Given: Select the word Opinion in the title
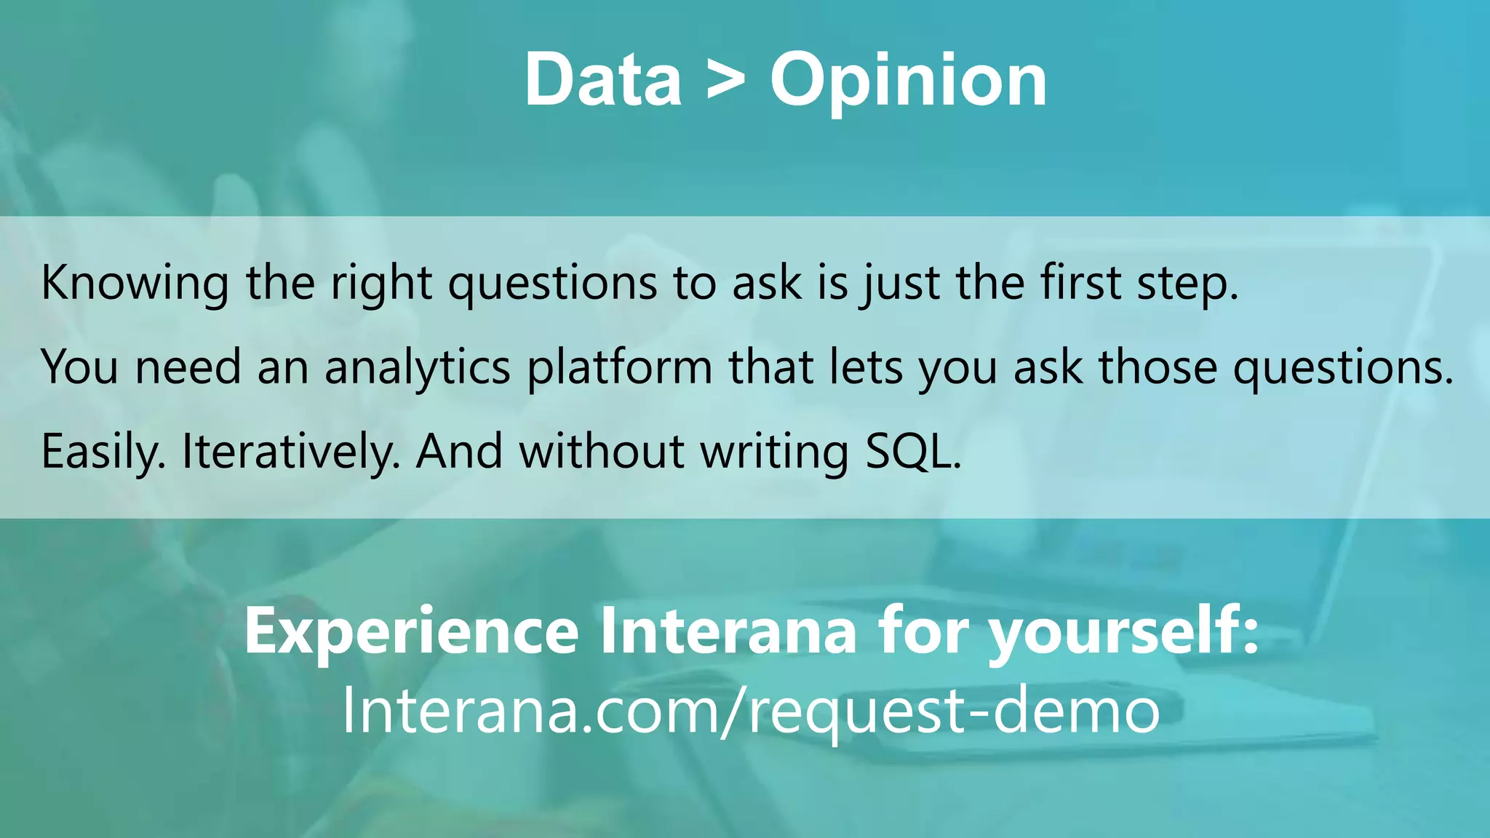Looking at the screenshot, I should [909, 81].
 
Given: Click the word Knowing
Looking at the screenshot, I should [135, 283].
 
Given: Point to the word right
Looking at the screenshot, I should [382, 283].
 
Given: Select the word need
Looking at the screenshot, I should [188, 367].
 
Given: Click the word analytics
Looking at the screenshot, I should [418, 368].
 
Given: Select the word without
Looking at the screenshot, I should [602, 451].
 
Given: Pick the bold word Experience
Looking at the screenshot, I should [411, 631].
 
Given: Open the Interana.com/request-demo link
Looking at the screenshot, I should [750, 710].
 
